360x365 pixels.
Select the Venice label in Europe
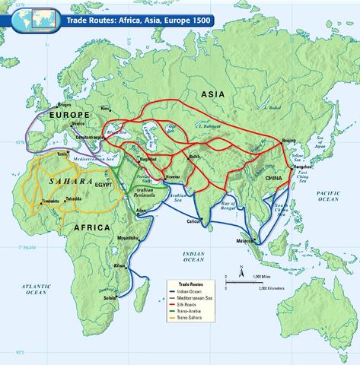pos(78,124)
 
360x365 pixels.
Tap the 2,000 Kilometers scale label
pos(270,289)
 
